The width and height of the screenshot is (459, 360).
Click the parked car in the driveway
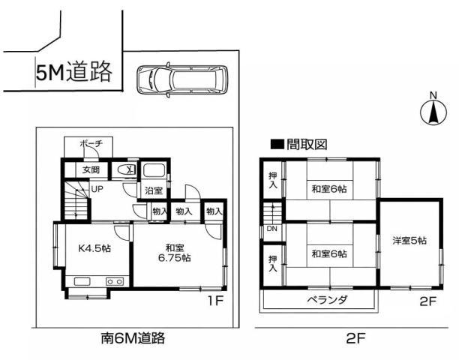click(x=182, y=79)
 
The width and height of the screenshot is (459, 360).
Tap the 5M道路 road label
click(x=73, y=71)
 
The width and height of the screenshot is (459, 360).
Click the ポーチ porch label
click(x=91, y=144)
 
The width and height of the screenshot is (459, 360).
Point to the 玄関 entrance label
click(x=91, y=169)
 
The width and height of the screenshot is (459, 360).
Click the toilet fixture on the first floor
click(x=127, y=169)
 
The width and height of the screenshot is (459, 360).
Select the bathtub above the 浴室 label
click(x=154, y=170)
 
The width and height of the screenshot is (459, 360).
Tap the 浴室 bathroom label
click(x=154, y=190)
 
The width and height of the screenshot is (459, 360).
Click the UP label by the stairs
click(x=97, y=189)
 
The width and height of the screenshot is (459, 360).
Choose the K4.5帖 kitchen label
click(x=94, y=248)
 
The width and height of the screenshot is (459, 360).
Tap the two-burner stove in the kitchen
click(x=115, y=281)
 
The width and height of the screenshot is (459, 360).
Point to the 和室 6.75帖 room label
click(x=175, y=253)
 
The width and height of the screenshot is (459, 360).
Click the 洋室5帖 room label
click(x=409, y=241)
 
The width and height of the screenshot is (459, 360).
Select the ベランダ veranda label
click(x=327, y=300)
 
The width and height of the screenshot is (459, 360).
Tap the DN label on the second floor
click(x=272, y=229)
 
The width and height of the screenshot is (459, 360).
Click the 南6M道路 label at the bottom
click(x=133, y=338)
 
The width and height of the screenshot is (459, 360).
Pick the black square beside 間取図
click(x=277, y=144)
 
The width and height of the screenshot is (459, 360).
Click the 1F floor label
click(x=216, y=301)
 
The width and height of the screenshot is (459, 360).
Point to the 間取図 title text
click(x=307, y=144)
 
